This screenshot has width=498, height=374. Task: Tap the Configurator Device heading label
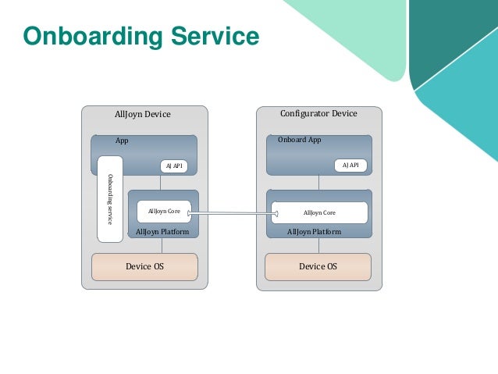(318, 114)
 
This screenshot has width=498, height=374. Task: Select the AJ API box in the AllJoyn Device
(173, 166)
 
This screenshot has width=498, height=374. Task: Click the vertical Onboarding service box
(110, 198)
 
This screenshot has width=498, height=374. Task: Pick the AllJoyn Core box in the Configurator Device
(319, 212)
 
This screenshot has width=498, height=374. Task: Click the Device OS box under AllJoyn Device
(144, 266)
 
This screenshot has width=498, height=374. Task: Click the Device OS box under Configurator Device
(318, 266)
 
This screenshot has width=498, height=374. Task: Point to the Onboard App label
(299, 141)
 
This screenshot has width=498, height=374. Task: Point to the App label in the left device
(122, 141)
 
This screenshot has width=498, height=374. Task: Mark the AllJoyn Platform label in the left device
(162, 232)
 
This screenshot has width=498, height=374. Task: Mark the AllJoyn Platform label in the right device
(314, 232)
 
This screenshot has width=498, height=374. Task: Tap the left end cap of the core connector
(190, 212)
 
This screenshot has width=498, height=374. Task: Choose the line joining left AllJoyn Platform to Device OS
(162, 245)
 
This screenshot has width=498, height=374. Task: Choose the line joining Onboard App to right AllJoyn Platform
(318, 182)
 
